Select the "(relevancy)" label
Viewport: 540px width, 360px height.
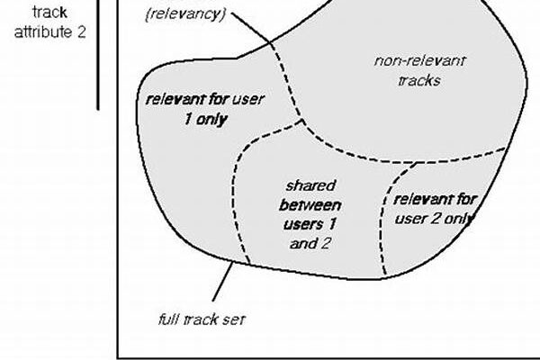tap(187, 14)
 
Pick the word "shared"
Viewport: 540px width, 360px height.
tap(304, 184)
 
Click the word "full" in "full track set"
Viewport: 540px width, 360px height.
tap(161, 319)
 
